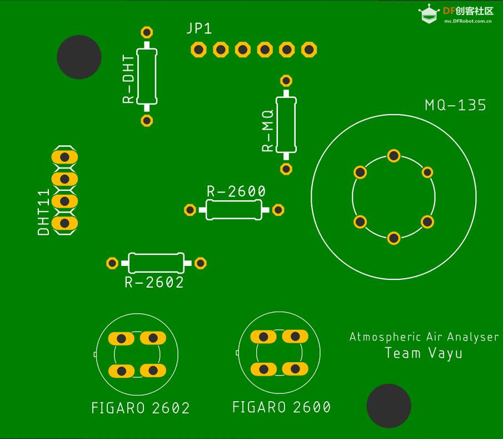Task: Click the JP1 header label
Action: point(199,29)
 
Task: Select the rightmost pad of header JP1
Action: point(309,50)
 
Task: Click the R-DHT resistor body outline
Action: point(147,76)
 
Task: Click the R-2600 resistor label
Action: point(236,191)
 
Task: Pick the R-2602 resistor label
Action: point(154,283)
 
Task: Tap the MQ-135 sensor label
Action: point(455,105)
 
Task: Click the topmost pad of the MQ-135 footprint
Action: point(394,156)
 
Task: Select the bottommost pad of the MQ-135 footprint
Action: point(394,238)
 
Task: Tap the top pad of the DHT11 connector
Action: point(64,157)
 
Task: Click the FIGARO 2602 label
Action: point(141,408)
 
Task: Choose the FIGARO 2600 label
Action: point(281,407)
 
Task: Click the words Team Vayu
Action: point(424,353)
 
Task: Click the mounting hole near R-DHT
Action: point(79,57)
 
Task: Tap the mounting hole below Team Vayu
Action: point(389,406)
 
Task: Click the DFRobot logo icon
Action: point(428,15)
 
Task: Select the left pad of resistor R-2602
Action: point(112,263)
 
